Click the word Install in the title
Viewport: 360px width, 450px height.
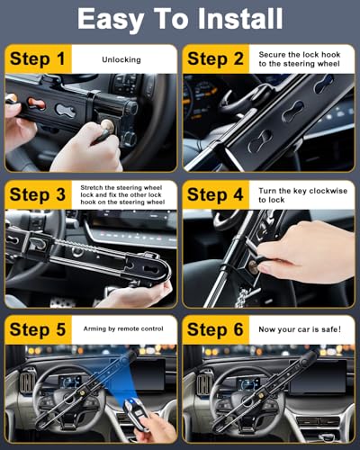pos(240,19)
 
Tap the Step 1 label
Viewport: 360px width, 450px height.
pos(38,58)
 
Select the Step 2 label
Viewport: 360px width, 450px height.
pos(215,58)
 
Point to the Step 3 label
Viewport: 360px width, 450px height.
pos(38,194)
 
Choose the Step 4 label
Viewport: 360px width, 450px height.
pos(215,194)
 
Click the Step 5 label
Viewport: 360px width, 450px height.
pos(38,329)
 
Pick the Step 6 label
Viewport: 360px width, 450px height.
pos(215,329)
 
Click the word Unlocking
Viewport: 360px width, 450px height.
pos(121,60)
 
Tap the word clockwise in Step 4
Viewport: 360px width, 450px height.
pos(328,191)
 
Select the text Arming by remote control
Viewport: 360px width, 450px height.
pos(123,328)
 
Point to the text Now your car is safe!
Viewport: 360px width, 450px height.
pos(300,329)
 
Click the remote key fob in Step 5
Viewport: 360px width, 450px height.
pos(136,412)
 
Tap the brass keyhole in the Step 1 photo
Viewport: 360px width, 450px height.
pos(107,126)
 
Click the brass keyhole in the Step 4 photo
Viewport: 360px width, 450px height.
pos(253,266)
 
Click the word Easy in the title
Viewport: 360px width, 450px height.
pos(110,20)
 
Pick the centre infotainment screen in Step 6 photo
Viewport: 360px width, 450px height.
pos(318,376)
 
